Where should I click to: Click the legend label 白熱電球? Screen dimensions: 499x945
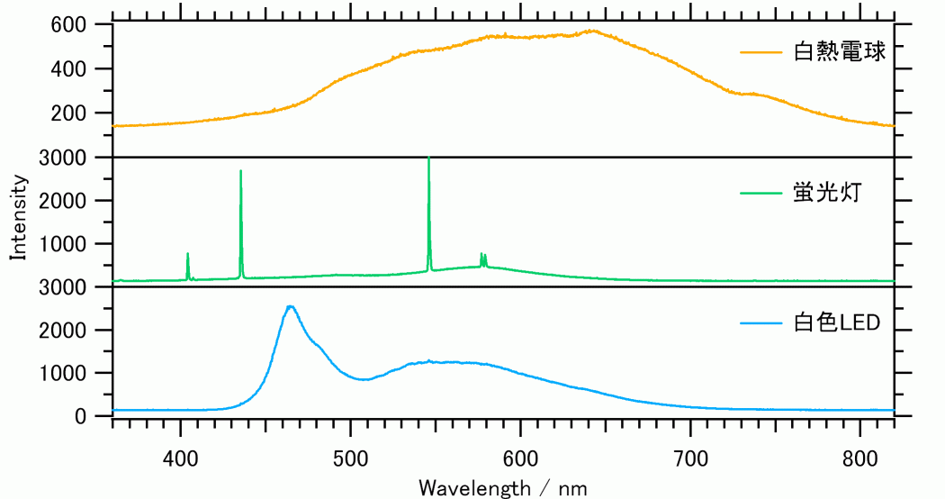point(841,52)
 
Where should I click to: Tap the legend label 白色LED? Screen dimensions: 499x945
point(836,322)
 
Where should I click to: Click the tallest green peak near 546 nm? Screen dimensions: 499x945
point(428,159)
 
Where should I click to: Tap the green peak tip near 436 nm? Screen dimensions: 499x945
point(240,171)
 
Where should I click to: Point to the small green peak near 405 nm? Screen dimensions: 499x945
point(187,254)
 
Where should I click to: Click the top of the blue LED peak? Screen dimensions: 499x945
point(290,306)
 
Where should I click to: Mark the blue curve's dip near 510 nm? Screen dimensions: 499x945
point(364,379)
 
